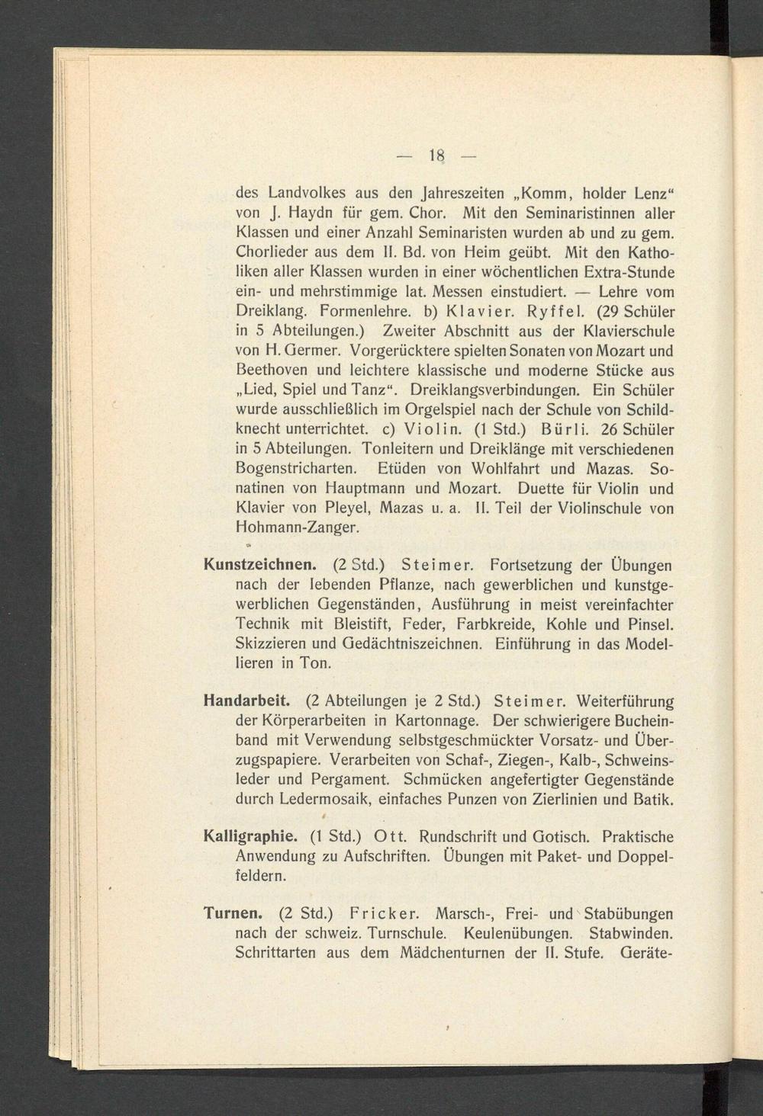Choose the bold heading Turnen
coord(234,912)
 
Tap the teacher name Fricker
coord(383,912)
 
